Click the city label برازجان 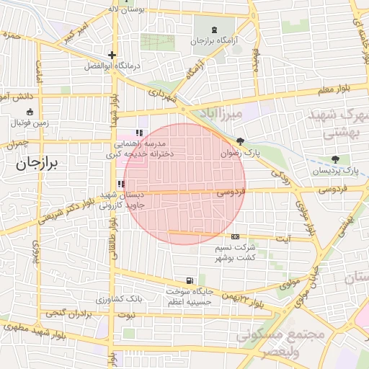point(40,164)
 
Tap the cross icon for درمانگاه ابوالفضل point(112,55)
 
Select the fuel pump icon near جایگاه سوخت point(189,280)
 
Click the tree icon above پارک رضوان point(240,142)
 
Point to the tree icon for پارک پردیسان point(335,159)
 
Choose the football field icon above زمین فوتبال point(30,112)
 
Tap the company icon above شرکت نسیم point(236,236)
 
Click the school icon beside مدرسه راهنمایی point(139,133)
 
